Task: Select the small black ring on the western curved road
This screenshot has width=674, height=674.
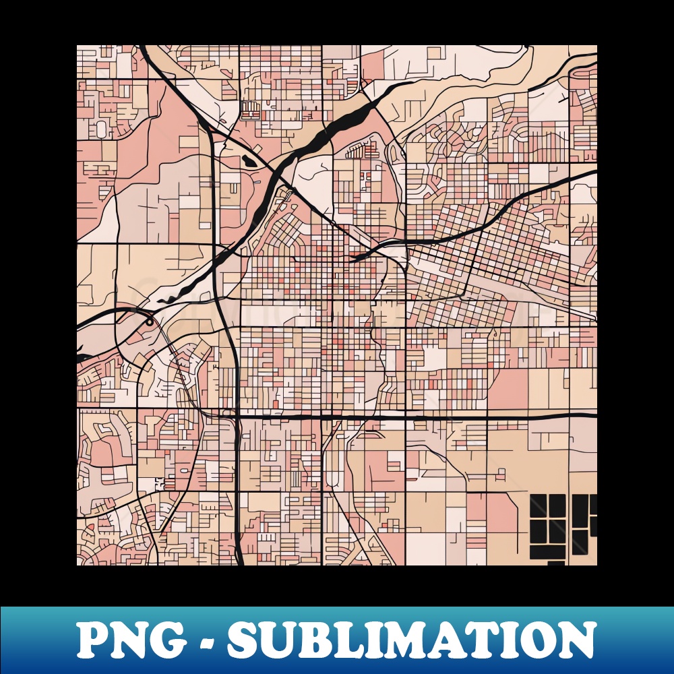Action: [x=148, y=322]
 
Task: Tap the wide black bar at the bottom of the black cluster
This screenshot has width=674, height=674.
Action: [x=547, y=552]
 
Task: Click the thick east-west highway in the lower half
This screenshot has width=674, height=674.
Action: [x=418, y=418]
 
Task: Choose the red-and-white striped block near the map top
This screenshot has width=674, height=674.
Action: [x=250, y=109]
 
